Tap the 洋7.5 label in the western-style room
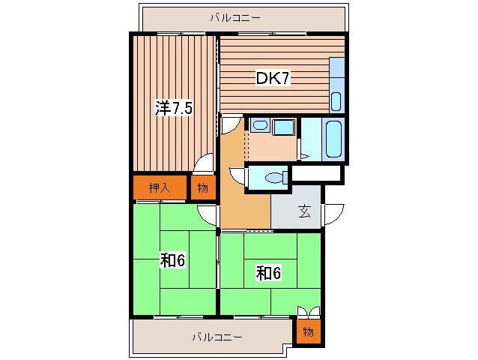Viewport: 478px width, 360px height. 174,108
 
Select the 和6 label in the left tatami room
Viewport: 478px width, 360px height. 172,260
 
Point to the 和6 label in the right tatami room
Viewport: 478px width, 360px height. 267,273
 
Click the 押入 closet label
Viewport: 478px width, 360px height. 158,188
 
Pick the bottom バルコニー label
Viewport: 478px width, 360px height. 217,337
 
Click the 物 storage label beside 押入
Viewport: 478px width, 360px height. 202,188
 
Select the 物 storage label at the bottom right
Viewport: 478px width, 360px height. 308,331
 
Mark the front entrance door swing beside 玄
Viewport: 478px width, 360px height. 333,213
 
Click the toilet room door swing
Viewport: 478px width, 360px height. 238,177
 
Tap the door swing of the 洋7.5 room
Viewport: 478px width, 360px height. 203,166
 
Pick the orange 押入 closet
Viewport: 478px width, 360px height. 159,188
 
